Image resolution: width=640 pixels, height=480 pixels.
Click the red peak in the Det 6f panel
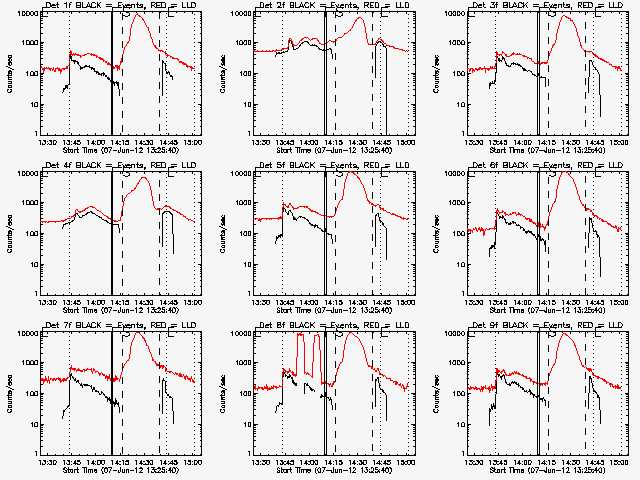[x=566, y=174]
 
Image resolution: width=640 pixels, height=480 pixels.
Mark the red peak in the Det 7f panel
[x=140, y=335]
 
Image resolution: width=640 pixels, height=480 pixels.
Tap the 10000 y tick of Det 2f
[x=240, y=13]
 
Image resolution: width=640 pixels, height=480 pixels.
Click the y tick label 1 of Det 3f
[x=462, y=134]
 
